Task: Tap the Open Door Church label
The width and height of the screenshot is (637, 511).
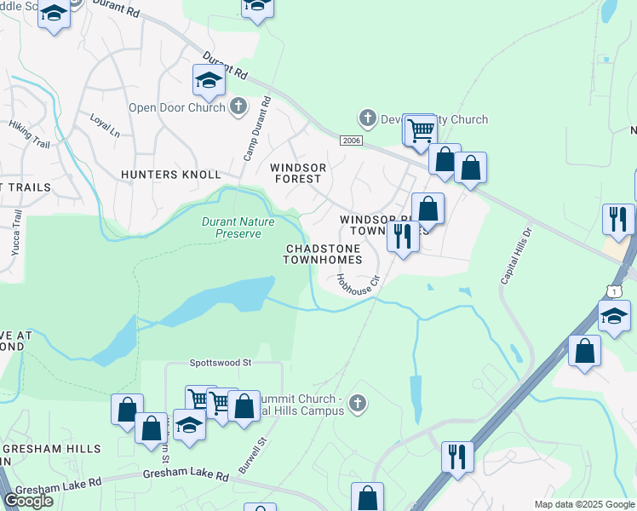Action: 176,107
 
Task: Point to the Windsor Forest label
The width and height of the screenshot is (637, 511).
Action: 296,173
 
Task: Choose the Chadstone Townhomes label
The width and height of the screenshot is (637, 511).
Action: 324,254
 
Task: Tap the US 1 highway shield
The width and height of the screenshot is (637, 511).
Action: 614,292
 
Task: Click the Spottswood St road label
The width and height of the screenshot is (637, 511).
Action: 224,362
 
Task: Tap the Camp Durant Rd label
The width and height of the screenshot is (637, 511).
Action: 255,128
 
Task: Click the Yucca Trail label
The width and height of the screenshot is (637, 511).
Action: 16,231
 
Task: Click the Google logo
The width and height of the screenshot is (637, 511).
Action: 28,501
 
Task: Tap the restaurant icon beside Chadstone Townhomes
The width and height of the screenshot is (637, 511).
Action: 403,235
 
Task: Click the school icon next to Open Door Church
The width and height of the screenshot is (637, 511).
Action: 209,80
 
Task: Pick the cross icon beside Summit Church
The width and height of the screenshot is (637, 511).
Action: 359,404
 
